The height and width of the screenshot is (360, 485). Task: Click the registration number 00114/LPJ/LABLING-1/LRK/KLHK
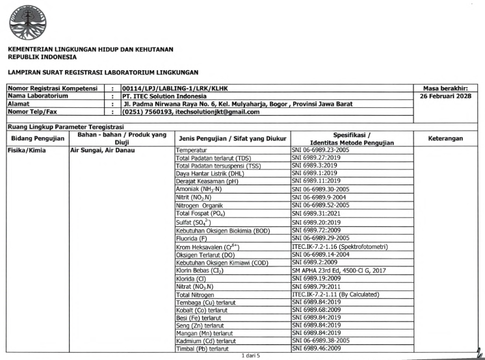[x=175, y=88]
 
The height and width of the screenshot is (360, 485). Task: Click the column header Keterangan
[x=445, y=138]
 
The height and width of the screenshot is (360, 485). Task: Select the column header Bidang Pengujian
[x=36, y=138]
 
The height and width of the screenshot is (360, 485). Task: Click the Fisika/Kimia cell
[x=25, y=149]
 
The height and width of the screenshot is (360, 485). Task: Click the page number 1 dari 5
[x=250, y=355]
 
